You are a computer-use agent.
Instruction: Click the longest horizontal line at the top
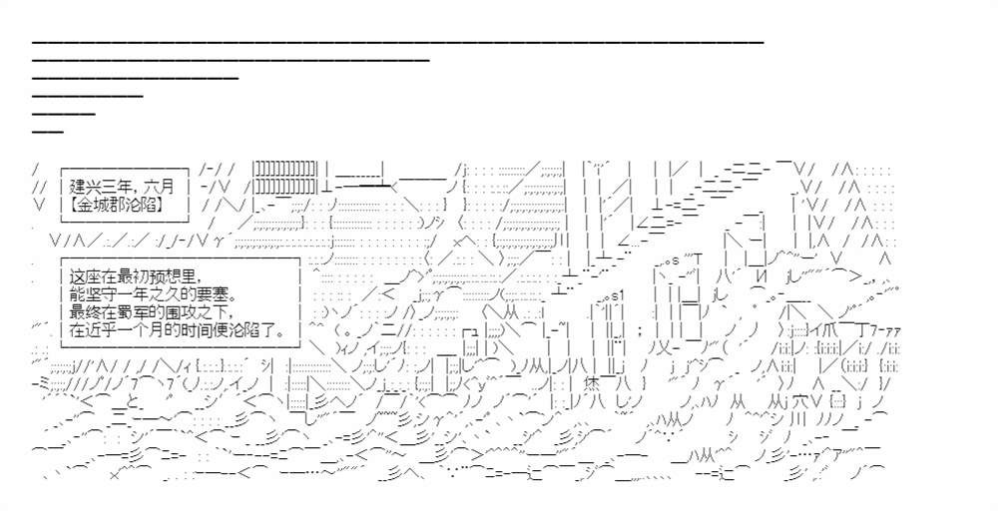pos(398,42)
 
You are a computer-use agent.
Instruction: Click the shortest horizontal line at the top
pos(48,132)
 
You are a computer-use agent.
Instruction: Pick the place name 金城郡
pos(107,205)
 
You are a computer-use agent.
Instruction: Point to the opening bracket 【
pos(75,205)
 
